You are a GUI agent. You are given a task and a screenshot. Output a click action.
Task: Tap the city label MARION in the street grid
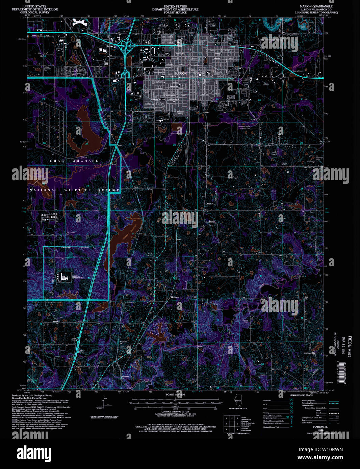tap(181, 73)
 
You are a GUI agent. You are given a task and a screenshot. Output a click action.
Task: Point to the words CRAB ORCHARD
tap(74, 161)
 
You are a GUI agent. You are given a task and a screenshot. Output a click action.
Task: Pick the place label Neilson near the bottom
tap(125, 376)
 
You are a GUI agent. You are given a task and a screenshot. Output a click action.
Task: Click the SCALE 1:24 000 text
tap(175, 394)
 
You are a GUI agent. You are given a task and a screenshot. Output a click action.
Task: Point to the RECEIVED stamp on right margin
tap(350, 346)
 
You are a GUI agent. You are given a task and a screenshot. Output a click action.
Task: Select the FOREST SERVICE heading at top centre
tap(175, 12)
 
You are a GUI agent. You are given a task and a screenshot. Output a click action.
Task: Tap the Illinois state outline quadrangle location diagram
tap(238, 402)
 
